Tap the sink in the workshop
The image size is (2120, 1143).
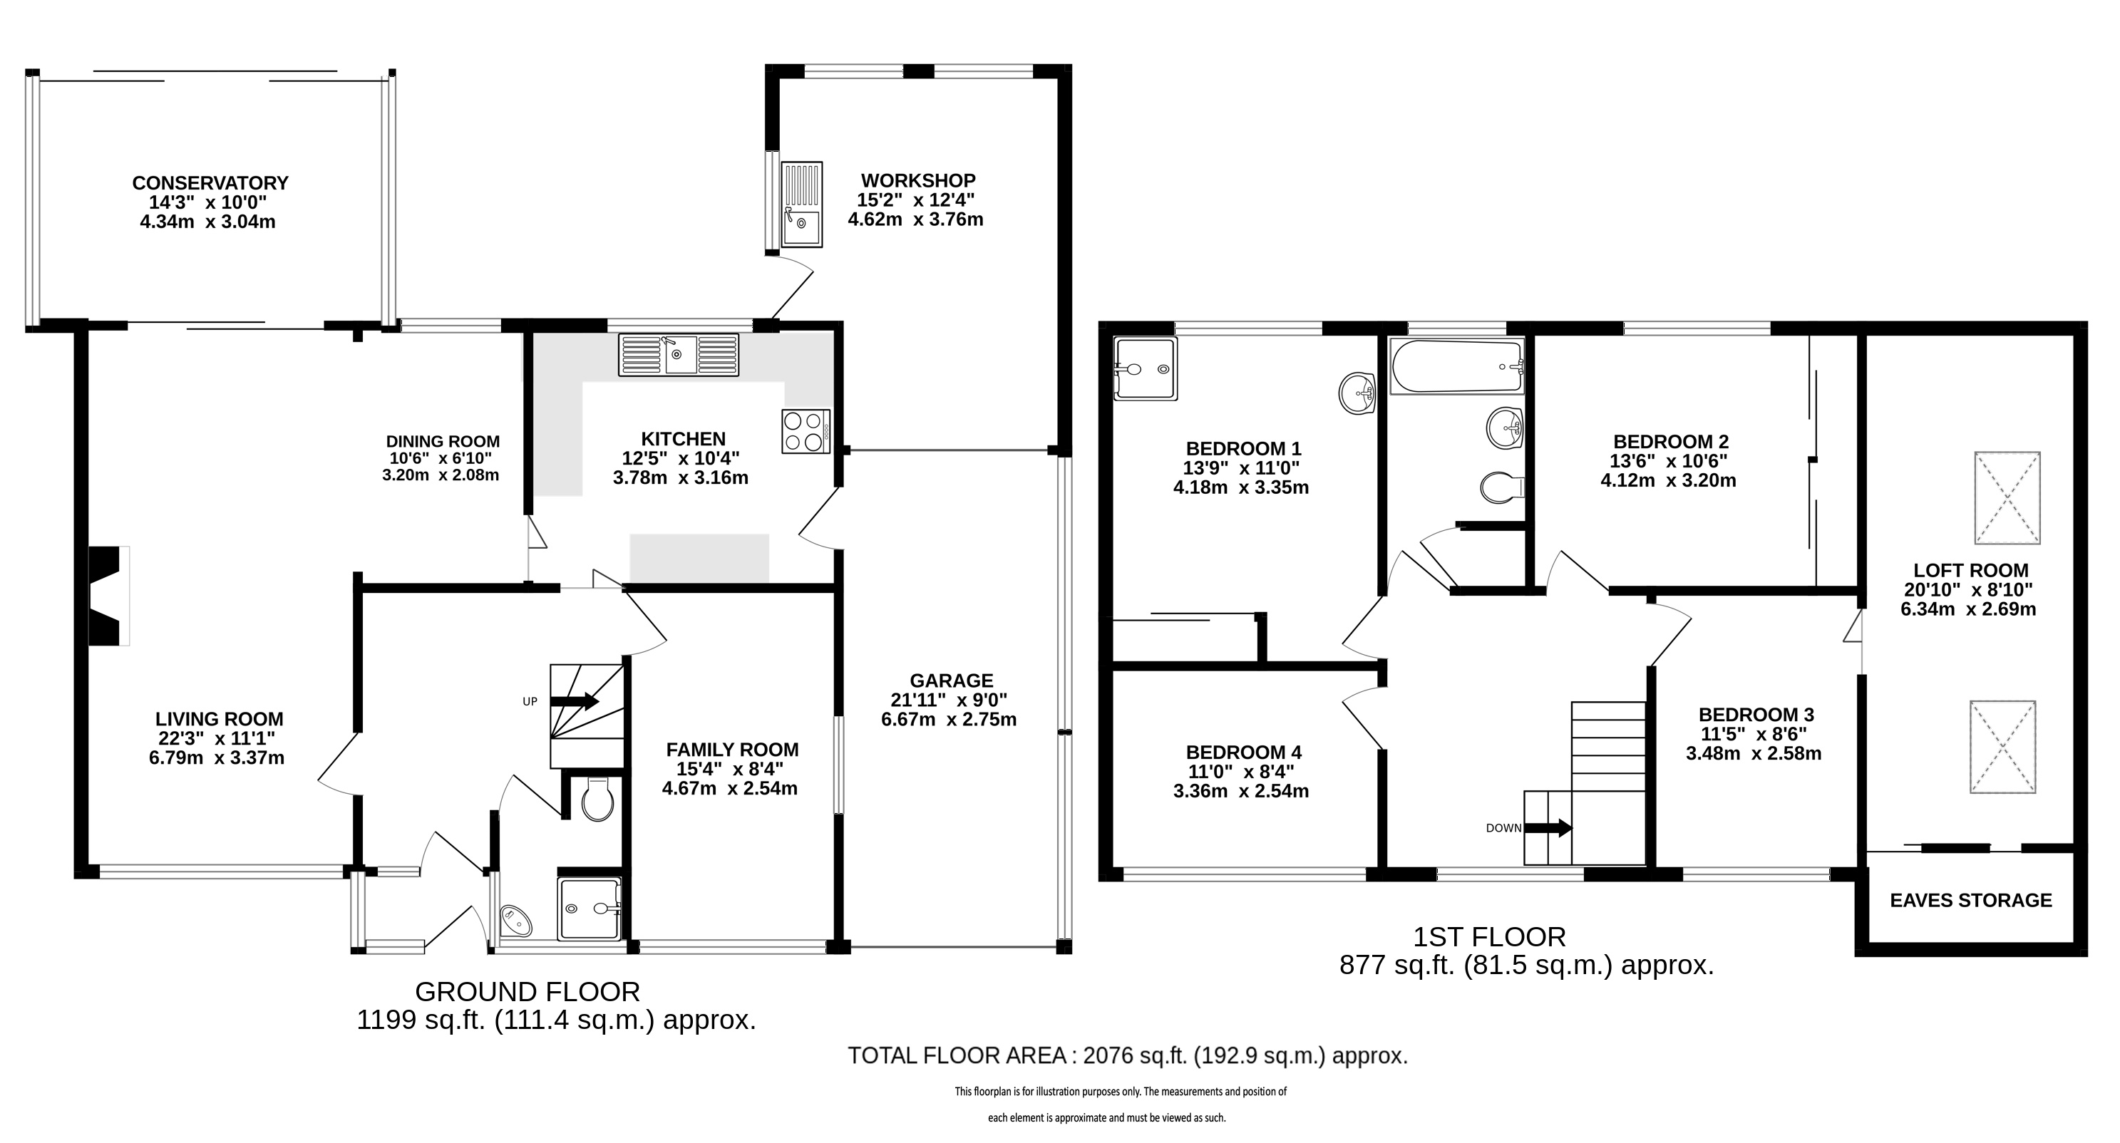(801, 205)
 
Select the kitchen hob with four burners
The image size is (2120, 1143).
(806, 431)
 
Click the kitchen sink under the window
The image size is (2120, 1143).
(679, 355)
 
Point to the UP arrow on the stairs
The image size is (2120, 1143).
(574, 701)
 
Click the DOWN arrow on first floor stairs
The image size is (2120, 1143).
(1548, 828)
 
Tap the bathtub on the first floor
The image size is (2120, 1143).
(1456, 366)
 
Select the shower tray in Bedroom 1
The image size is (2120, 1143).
(1145, 368)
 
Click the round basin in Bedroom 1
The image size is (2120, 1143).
(1357, 393)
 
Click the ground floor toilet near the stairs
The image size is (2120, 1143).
(597, 799)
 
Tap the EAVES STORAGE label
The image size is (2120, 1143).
(1971, 900)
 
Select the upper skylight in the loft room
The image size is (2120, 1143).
(2007, 498)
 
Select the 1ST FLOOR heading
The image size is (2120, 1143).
(1488, 936)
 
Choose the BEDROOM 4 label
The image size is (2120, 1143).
(1243, 752)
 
